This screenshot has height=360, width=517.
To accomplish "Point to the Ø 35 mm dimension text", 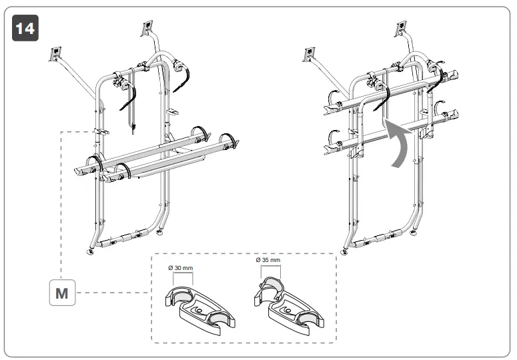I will [x=268, y=260].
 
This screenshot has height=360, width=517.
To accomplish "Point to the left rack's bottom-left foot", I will [x=90, y=252].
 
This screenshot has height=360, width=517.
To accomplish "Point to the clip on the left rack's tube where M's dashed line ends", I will [x=100, y=131].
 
